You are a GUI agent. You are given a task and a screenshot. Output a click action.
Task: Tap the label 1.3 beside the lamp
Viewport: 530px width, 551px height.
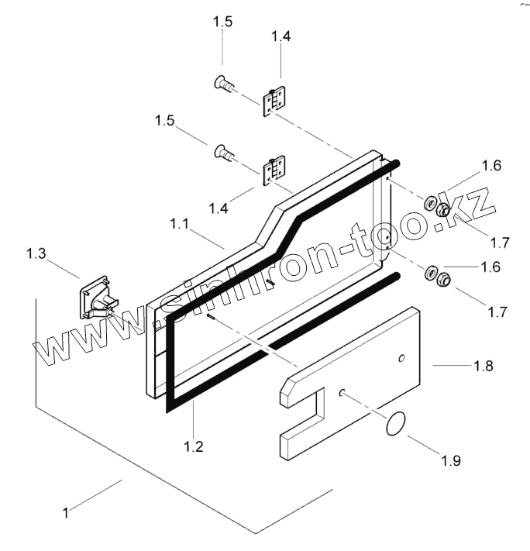click(x=36, y=253)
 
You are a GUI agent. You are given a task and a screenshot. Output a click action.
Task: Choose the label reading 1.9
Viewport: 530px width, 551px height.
click(x=450, y=460)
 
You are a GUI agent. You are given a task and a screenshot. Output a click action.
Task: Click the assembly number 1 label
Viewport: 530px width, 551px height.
click(x=67, y=512)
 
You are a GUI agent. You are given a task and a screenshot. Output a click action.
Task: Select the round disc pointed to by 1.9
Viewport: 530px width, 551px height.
click(x=396, y=425)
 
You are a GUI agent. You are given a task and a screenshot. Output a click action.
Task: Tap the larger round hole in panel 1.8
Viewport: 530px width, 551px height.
click(x=401, y=358)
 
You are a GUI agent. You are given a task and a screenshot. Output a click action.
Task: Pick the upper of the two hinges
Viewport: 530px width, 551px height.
click(x=274, y=101)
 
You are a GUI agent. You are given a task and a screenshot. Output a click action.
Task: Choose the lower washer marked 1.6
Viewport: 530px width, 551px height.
click(x=429, y=274)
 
